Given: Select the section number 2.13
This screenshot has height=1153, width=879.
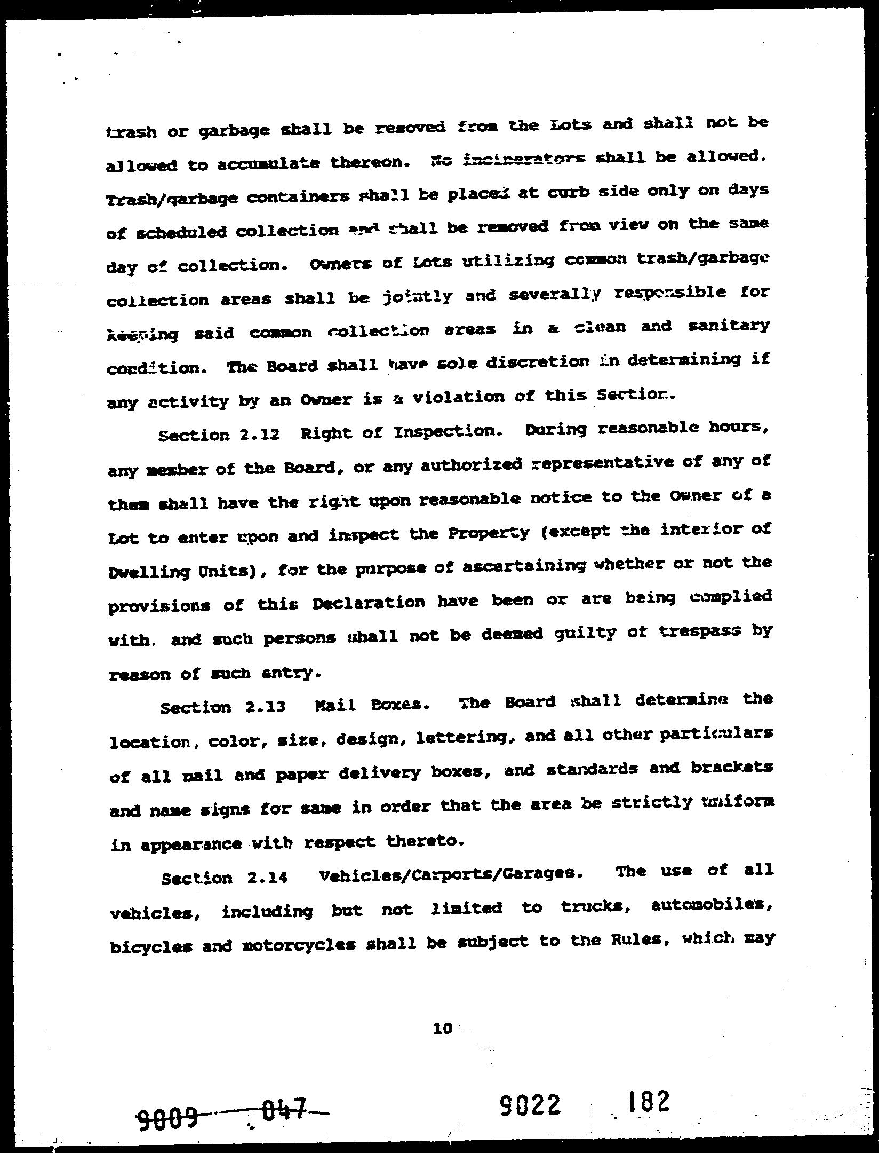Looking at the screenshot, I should click(266, 707).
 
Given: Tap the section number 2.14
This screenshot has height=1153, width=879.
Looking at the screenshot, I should click(267, 877).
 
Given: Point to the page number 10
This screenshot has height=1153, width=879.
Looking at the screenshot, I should click(443, 1029).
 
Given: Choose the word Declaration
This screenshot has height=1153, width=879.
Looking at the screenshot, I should click(369, 603).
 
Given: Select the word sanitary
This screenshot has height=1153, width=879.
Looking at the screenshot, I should click(729, 325).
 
